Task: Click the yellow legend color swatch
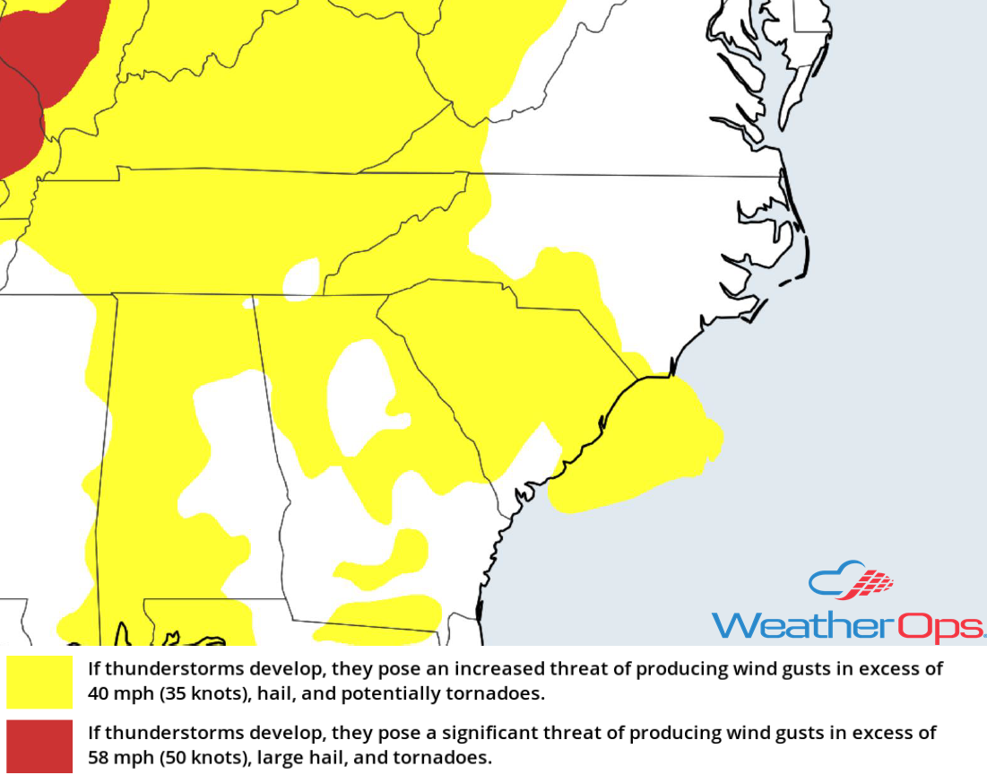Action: pyautogui.click(x=39, y=682)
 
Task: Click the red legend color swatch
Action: pyautogui.click(x=39, y=746)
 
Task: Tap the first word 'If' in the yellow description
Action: pyautogui.click(x=93, y=668)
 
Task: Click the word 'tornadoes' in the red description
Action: pyautogui.click(x=452, y=758)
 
